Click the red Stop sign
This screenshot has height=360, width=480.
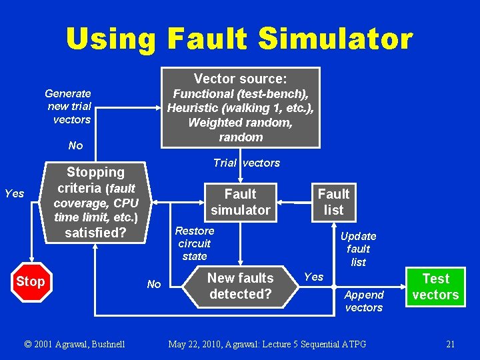(30, 281)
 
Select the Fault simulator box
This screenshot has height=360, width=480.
(240, 202)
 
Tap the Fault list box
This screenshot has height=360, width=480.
(333, 201)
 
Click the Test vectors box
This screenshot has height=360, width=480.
(435, 287)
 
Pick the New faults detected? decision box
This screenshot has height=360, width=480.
(240, 286)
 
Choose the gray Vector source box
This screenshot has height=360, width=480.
(241, 107)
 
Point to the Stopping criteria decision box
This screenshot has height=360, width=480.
(95, 202)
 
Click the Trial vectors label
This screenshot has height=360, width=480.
(246, 163)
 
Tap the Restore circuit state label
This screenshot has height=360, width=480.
(194, 243)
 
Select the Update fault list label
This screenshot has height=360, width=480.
(359, 249)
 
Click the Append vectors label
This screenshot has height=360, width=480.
(364, 301)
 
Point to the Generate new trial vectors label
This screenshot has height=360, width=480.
(69, 107)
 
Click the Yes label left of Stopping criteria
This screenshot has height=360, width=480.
(14, 194)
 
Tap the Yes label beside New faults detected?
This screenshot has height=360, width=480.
(313, 277)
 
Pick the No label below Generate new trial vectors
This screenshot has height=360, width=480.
(75, 145)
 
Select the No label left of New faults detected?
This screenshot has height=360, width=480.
(153, 285)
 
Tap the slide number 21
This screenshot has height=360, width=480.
(451, 344)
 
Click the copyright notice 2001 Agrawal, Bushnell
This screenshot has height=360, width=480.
(74, 344)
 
